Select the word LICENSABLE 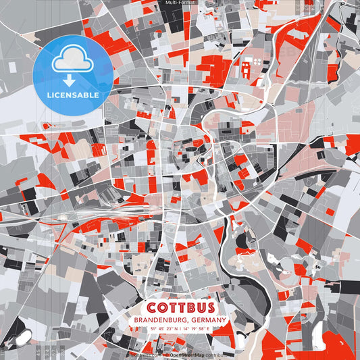click(72, 95)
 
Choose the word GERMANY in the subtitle click(209, 319)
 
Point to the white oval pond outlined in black click(20, 337)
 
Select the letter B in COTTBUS click(186, 307)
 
